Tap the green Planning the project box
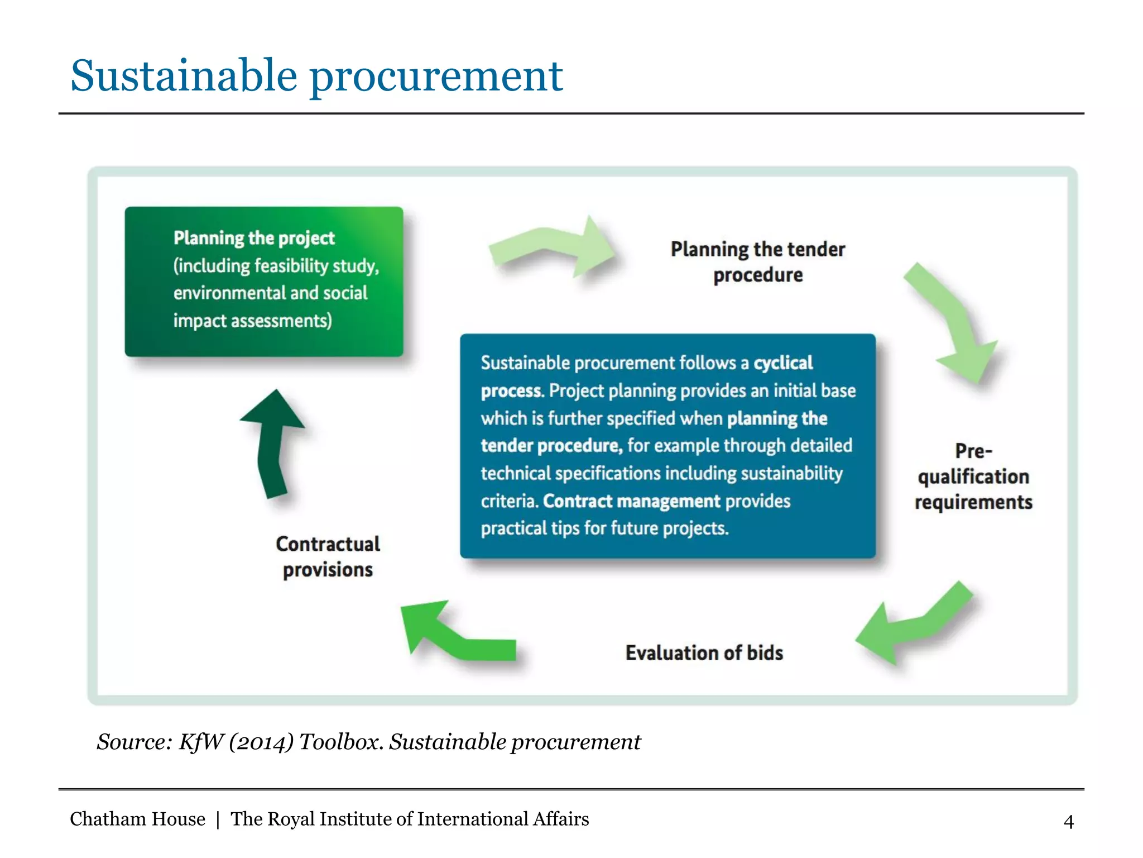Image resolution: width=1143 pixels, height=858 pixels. point(263,281)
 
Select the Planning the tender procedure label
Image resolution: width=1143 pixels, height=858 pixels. point(757,262)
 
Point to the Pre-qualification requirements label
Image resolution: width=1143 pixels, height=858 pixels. point(973,476)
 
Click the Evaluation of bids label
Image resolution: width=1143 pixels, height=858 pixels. point(704,652)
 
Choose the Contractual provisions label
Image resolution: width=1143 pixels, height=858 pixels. point(328,556)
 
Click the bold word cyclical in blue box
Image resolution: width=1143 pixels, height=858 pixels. point(782,363)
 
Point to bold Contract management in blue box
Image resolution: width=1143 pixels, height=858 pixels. point(631,501)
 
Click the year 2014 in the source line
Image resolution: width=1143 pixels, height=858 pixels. point(261,742)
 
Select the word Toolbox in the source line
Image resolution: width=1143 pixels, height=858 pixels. point(340,742)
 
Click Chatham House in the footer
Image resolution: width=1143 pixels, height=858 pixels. point(137,819)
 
